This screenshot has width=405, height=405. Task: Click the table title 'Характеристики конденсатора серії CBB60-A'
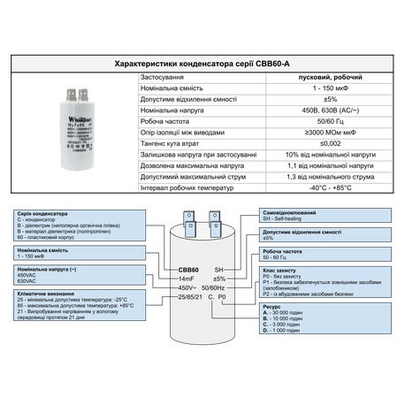[x=202, y=65]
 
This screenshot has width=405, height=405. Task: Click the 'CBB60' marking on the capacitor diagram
[x=186, y=269]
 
